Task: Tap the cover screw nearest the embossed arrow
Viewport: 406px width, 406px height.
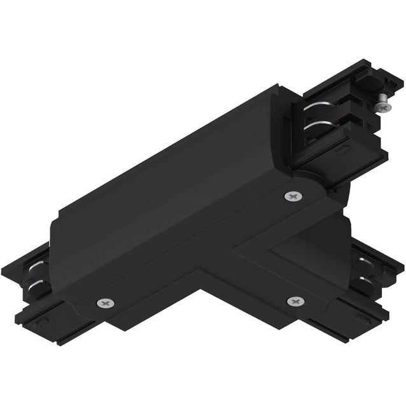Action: pos(292,197)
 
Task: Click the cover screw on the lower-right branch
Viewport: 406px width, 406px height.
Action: pos(294,300)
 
